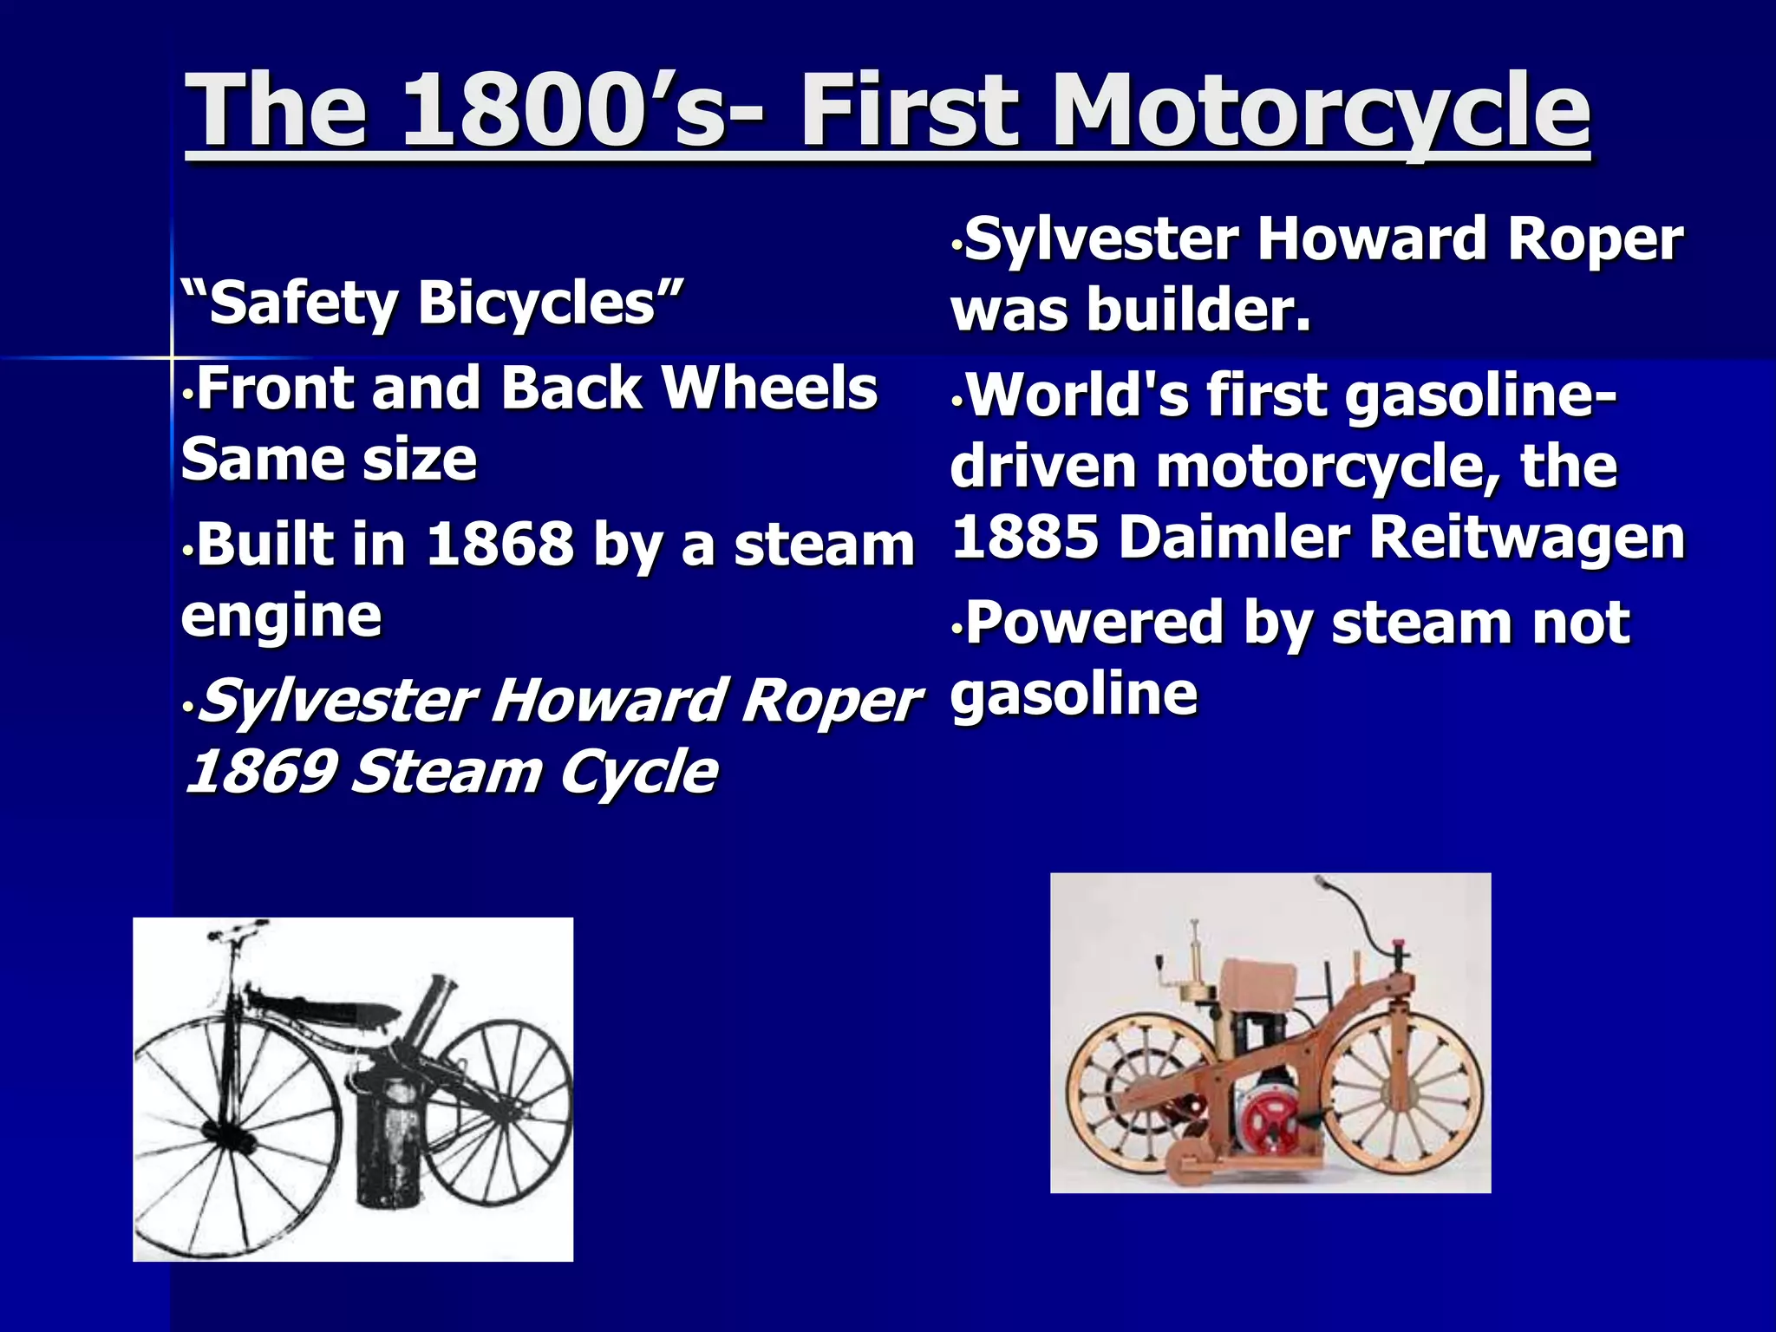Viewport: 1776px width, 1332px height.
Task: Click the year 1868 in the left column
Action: point(500,544)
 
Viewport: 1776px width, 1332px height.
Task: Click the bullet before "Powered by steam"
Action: point(957,626)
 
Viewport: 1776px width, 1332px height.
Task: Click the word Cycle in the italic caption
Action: point(637,771)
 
